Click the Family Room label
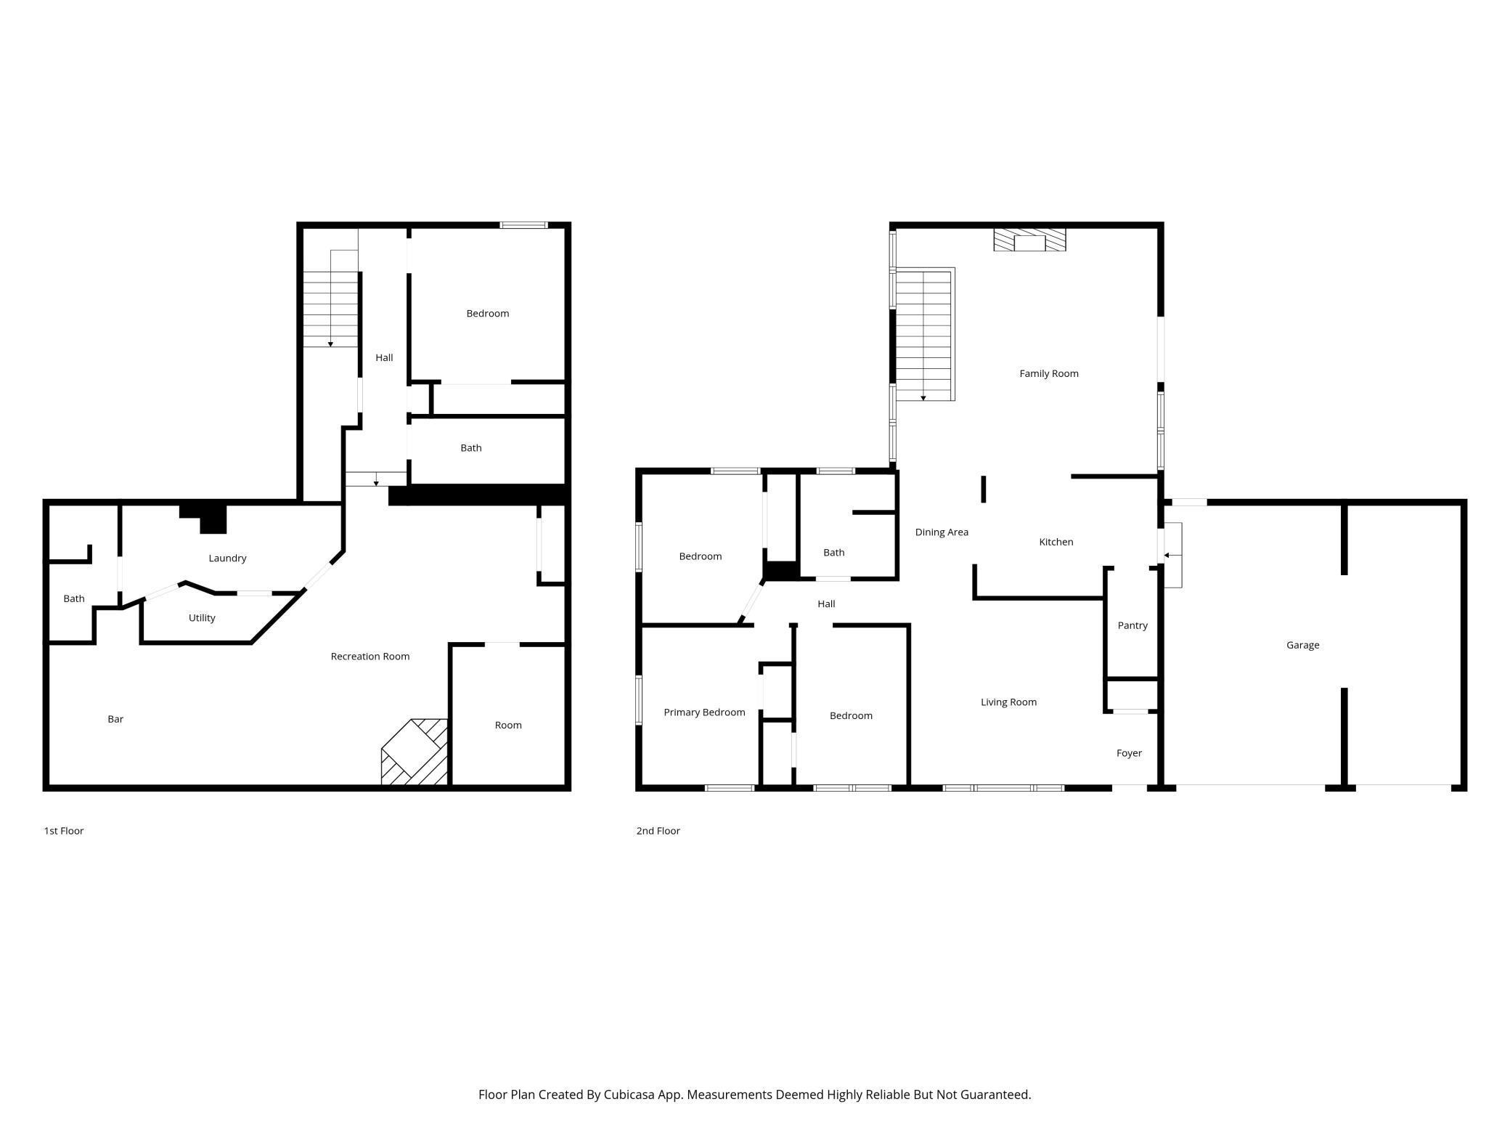1048,373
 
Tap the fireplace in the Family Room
1029,241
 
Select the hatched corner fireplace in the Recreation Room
415,752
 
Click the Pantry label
1132,625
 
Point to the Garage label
1302,645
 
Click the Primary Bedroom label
704,712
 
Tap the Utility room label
202,618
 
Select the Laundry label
227,559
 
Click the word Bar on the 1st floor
115,719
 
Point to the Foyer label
1129,753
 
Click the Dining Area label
942,532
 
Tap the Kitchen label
1056,542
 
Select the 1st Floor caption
64,831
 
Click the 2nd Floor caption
658,831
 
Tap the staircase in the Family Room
923,334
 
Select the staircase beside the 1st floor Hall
330,309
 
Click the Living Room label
1008,702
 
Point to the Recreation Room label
370,657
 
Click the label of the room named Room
508,726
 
